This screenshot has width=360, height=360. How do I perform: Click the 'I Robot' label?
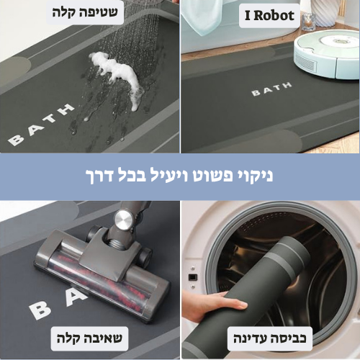[x=269, y=16]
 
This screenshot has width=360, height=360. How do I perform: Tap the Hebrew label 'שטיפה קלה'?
[x=85, y=12]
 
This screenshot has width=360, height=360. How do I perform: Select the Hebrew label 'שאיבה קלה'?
[x=89, y=338]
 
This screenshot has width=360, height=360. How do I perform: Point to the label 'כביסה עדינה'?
[x=270, y=338]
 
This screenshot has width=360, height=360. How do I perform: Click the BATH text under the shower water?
[x=41, y=125]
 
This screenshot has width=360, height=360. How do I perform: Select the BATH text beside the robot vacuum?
[x=271, y=89]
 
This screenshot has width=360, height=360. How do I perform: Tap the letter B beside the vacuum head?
[x=40, y=310]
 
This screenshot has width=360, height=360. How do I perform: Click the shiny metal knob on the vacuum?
[x=123, y=220]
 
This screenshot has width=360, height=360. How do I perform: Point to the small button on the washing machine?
[x=193, y=278]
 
